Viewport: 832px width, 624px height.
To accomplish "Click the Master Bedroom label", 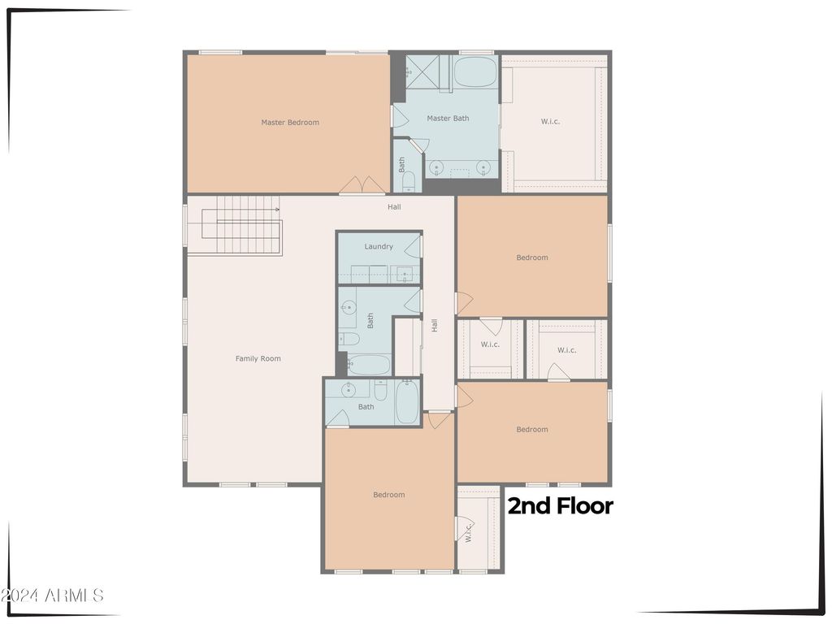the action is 290,123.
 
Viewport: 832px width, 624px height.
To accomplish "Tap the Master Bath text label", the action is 448,119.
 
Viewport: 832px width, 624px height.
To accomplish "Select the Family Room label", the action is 258,358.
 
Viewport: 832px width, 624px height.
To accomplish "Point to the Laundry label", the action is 379,247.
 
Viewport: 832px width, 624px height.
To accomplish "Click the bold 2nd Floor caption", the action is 561,506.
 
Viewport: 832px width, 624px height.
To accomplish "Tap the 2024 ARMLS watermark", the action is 51,596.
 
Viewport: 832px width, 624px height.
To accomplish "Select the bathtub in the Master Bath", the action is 475,71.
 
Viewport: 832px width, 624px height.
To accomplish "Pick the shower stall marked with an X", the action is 422,71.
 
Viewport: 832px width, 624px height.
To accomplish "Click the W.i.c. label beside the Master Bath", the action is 550,122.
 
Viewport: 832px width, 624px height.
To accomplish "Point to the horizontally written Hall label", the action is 394,207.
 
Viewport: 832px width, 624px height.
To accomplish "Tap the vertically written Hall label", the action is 435,325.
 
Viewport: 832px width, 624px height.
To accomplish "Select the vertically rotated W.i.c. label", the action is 469,532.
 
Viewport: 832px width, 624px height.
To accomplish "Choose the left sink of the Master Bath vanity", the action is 436,167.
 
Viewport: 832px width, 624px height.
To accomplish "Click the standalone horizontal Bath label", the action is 366,407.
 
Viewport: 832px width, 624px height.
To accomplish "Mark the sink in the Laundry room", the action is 405,275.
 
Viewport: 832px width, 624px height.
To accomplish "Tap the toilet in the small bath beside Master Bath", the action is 408,183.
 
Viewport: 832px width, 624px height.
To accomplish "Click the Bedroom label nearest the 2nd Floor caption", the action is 532,430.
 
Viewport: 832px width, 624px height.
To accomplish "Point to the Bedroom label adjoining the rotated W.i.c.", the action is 389,495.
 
